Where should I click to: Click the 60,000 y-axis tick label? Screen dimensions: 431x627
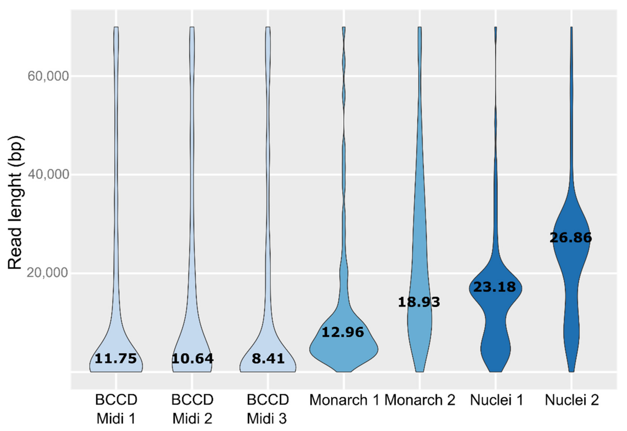[x=48, y=76]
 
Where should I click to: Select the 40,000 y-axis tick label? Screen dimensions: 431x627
[x=48, y=175]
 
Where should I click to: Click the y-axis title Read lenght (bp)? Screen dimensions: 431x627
[x=15, y=203]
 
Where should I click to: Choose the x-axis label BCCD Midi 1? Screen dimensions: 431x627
[x=116, y=409]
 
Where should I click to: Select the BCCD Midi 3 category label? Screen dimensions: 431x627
[x=268, y=409]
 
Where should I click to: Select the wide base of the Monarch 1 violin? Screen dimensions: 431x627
[x=344, y=350]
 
